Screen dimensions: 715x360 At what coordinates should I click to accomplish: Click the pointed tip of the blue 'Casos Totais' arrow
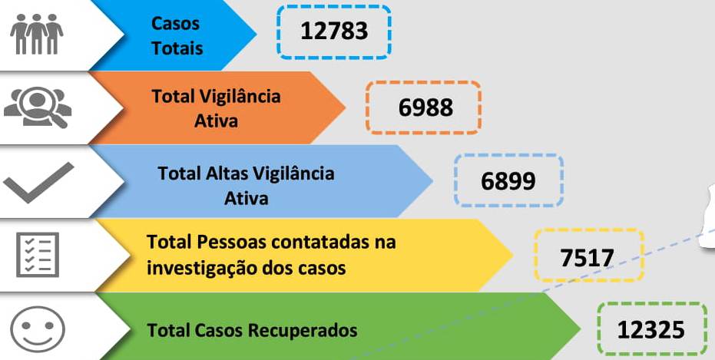257,34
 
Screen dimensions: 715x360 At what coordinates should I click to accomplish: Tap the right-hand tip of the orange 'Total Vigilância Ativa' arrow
345,107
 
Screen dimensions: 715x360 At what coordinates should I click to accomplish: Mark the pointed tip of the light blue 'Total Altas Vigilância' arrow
432,181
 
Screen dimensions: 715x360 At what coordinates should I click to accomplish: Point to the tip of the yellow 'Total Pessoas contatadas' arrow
512,255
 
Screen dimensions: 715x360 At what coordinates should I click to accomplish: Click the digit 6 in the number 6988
405,107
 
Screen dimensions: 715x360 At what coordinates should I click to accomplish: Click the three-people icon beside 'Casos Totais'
37,34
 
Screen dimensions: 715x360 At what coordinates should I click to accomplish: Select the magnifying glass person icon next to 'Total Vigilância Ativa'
38,107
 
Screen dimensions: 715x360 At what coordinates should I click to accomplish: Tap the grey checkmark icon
38,182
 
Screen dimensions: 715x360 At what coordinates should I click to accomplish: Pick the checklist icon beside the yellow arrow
38,255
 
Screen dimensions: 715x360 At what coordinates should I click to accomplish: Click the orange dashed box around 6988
423,107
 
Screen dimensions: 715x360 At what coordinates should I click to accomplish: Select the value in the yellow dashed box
588,258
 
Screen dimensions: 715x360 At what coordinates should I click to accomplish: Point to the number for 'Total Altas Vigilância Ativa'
508,181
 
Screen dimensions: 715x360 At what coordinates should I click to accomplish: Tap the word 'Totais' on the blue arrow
177,48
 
